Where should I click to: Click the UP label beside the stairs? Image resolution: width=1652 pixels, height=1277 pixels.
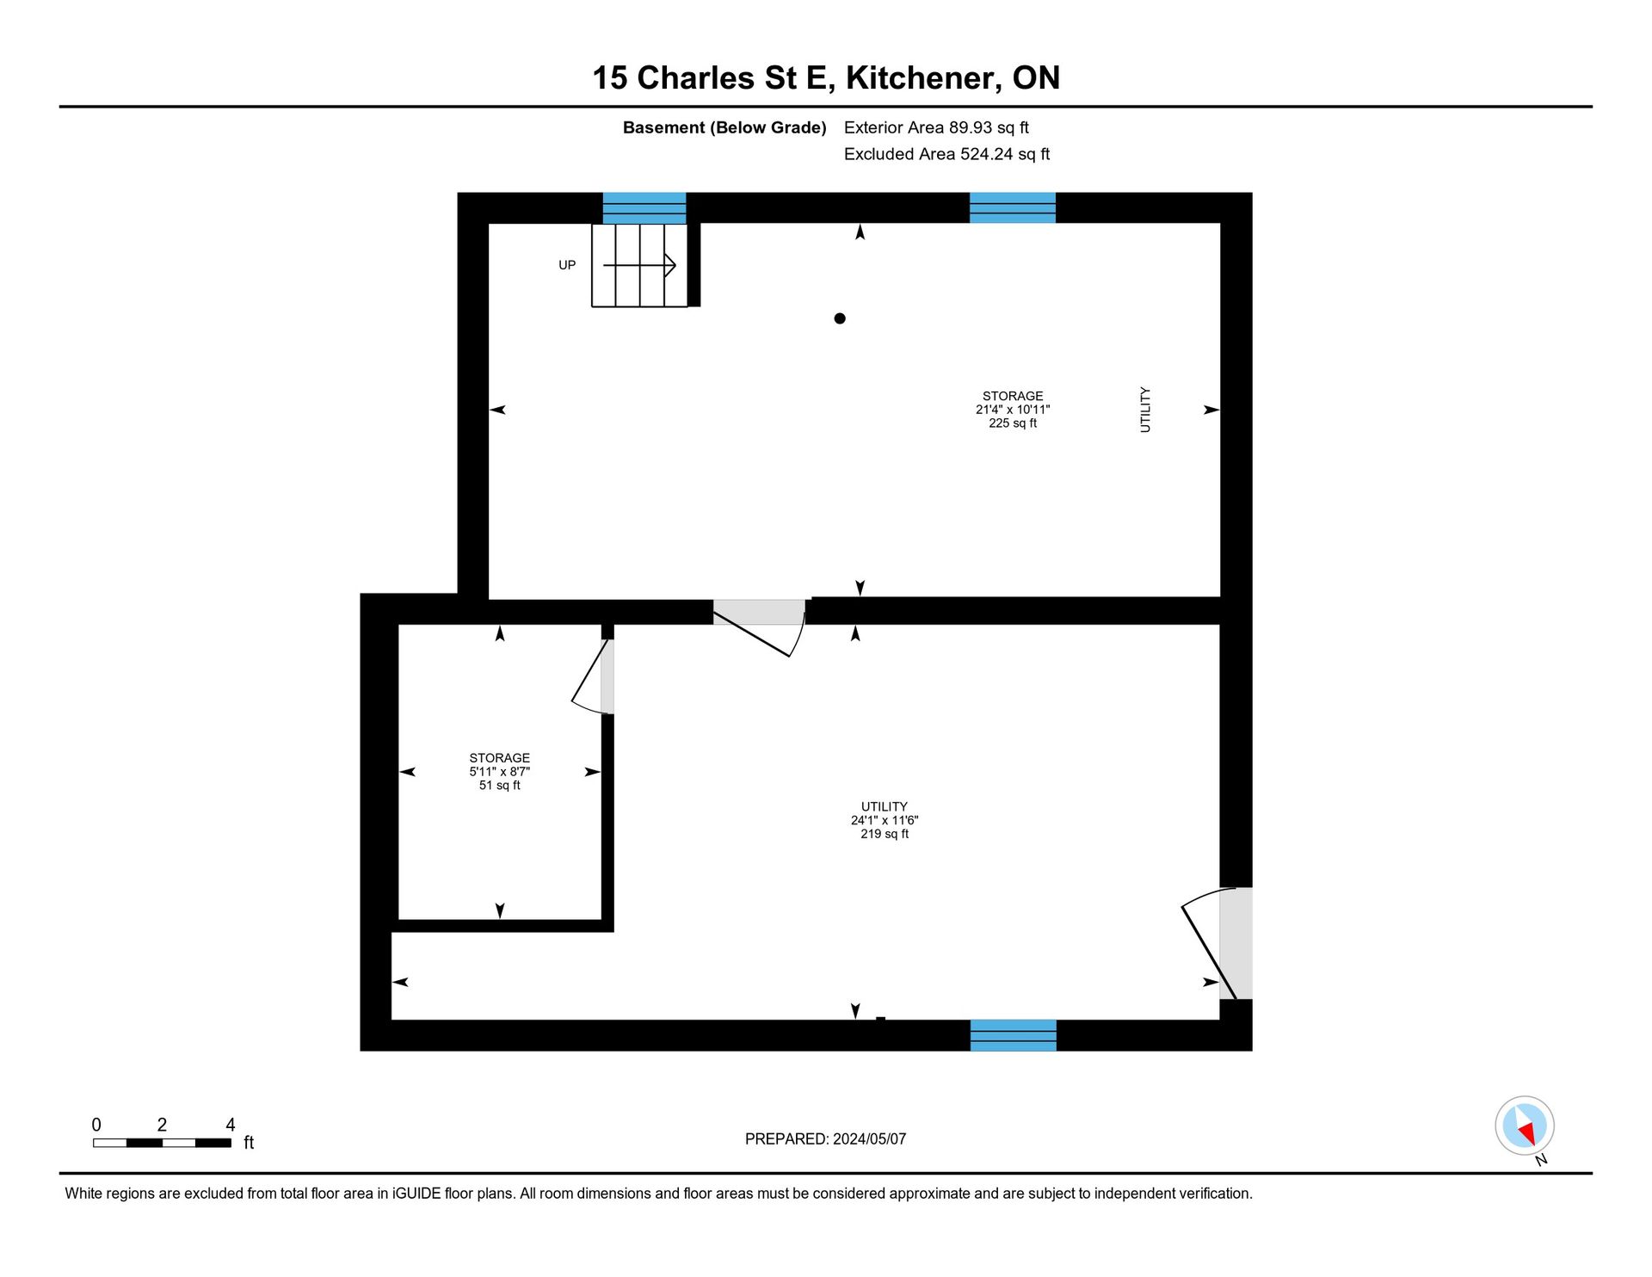[x=567, y=265]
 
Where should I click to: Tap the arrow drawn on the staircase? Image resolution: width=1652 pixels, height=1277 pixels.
[x=639, y=265]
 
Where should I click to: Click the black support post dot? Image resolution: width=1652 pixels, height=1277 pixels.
[x=840, y=318]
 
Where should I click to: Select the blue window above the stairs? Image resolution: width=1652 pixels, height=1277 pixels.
[x=644, y=208]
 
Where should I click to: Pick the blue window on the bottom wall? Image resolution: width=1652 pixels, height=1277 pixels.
[x=1014, y=1035]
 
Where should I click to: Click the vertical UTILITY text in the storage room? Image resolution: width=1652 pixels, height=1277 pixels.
[x=1145, y=410]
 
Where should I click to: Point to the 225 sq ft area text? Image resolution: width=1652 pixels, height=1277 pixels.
[x=1013, y=423]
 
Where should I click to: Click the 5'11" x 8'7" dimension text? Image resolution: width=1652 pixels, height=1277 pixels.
[x=500, y=772]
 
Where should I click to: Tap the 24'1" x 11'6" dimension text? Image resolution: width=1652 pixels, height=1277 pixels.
[x=885, y=821]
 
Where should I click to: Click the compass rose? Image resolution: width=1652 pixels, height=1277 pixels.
[x=1525, y=1126]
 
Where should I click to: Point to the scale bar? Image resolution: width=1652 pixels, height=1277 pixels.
[x=162, y=1143]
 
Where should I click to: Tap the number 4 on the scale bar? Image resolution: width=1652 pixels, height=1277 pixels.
[x=230, y=1125]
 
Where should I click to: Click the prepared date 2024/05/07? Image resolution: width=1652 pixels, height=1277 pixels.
[x=870, y=1139]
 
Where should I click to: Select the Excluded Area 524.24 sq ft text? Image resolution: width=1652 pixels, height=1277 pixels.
[x=947, y=154]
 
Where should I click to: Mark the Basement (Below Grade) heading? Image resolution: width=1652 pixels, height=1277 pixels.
[x=724, y=128]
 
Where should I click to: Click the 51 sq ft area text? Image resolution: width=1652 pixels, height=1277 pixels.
[x=500, y=786]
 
